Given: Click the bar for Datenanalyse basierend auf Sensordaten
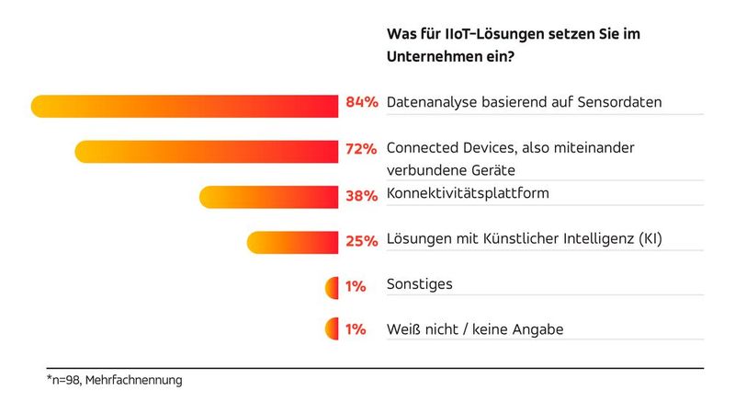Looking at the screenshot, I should pos(184,106).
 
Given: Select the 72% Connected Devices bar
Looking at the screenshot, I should pos(207,153).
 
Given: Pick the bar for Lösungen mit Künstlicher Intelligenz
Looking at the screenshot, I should pos(292,242).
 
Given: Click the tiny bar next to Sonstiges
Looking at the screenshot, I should pos(332,288).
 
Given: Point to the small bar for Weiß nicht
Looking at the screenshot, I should pos(332,329).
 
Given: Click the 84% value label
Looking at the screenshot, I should pos(361,103).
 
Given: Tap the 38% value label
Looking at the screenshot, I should pos(361,196).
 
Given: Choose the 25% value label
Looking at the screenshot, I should pos(361,241).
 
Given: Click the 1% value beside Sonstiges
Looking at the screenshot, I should pos(356,287).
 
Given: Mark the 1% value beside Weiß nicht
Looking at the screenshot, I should pos(356,329).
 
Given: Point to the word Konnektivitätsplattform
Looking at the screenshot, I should pos(469,193).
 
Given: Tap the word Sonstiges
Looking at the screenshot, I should pos(420,285).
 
